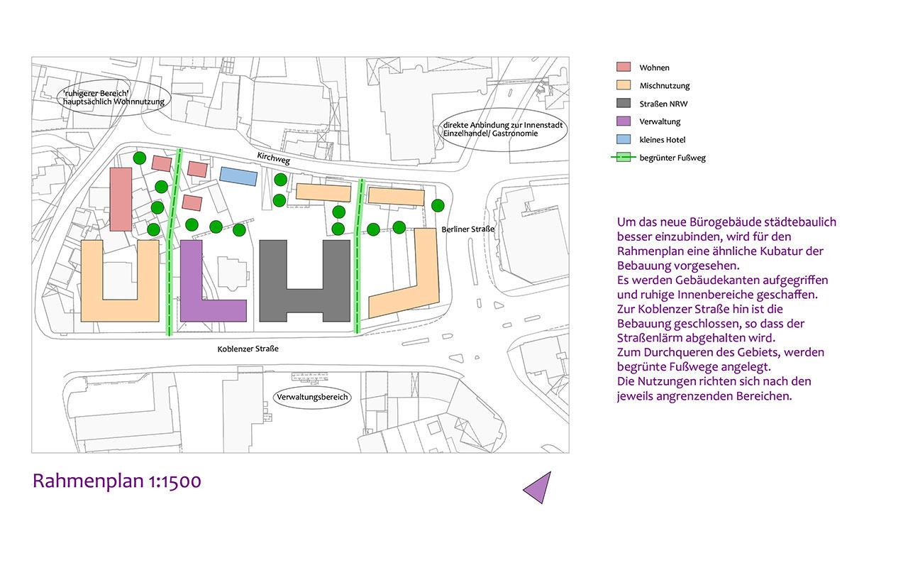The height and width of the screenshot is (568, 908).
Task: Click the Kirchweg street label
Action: click(x=274, y=158)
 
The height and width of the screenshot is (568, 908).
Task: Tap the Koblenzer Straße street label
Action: click(x=248, y=349)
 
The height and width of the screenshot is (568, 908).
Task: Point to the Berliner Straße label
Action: click(x=467, y=229)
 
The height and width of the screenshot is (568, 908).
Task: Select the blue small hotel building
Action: click(x=238, y=177)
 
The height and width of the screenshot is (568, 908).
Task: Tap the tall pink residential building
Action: click(x=121, y=200)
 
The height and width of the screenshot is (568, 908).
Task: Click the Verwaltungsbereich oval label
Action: click(x=312, y=397)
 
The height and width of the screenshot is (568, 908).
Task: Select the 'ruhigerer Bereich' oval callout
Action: click(x=114, y=98)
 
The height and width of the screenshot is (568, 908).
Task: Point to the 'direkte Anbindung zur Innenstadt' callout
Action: click(x=503, y=129)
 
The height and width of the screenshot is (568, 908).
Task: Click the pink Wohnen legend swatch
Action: click(x=624, y=67)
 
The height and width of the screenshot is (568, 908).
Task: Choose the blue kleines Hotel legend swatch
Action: click(x=624, y=139)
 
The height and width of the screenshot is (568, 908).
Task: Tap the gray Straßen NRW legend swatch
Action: click(x=624, y=103)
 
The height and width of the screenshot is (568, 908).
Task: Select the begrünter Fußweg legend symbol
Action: click(x=624, y=158)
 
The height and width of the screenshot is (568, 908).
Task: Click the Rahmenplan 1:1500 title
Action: click(x=117, y=481)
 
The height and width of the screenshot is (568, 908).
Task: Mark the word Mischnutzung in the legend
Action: click(x=665, y=86)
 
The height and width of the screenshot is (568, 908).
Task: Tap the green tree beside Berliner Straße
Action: click(x=438, y=206)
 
